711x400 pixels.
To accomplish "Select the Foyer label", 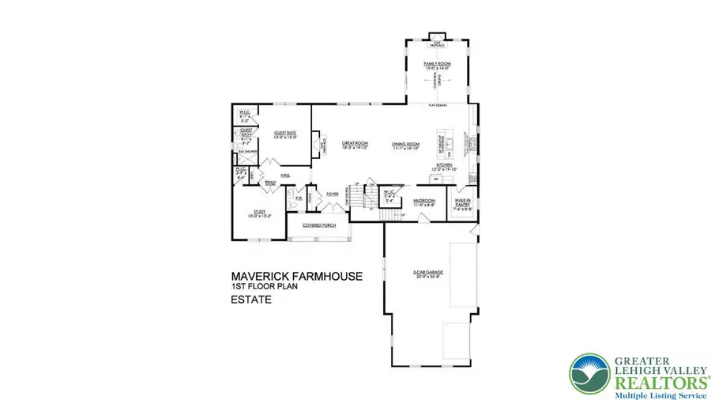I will tap(333, 191).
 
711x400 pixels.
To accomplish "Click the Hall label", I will tap(276, 176).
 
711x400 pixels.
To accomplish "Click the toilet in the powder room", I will tap(292, 204).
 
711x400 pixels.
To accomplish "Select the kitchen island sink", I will tap(447, 146).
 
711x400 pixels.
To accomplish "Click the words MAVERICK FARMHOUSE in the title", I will tap(297, 276).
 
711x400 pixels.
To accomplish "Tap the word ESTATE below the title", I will tap(251, 300).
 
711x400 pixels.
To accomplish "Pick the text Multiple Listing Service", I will tap(651, 389).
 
